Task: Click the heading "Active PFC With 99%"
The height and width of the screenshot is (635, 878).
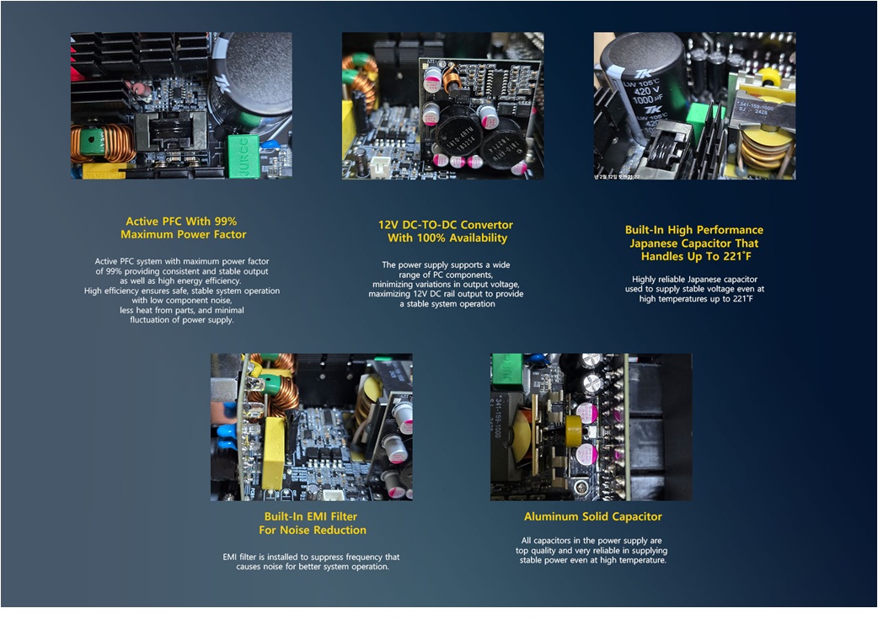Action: click(x=181, y=221)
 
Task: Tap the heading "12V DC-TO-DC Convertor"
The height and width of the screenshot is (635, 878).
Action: click(x=446, y=225)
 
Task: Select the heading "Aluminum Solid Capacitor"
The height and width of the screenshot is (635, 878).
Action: click(x=593, y=516)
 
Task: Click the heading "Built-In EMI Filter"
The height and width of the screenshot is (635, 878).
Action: click(x=311, y=516)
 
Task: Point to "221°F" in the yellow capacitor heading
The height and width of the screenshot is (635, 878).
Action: click(x=737, y=256)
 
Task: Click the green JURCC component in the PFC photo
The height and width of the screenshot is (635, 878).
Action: click(x=244, y=156)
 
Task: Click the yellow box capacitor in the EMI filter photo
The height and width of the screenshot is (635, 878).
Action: click(x=273, y=453)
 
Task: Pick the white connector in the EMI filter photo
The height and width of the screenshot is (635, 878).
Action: click(x=335, y=494)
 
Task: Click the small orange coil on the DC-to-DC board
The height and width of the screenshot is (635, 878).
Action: click(x=452, y=77)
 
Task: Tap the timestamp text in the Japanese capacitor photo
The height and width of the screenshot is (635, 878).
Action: click(x=616, y=177)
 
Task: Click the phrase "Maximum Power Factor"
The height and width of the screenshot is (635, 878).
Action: click(x=184, y=234)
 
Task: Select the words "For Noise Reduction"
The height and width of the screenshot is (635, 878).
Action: click(x=313, y=530)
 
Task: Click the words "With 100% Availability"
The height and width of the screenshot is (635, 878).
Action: click(x=447, y=237)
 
